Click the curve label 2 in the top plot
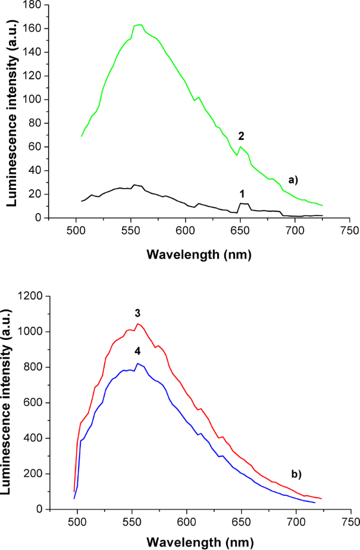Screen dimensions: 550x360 coord(242,135)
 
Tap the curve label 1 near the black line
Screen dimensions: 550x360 coord(242,193)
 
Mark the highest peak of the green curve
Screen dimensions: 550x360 coord(139,24)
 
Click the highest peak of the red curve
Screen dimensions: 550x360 coord(137,324)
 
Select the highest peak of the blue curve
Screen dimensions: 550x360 coord(137,363)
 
